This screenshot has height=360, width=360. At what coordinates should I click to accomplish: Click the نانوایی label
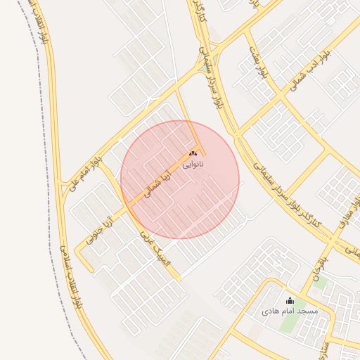pos(193,165)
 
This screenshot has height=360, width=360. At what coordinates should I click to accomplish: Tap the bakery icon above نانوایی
pos(193,153)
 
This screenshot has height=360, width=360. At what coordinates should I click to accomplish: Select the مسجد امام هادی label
pos(290,310)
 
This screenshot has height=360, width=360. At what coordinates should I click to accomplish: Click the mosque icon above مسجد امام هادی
pos(290,300)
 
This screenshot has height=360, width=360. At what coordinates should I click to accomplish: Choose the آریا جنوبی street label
pos(100,230)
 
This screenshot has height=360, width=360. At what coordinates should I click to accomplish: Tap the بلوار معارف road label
pos(349,210)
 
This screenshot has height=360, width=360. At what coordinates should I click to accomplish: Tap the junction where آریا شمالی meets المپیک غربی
pos(129,207)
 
